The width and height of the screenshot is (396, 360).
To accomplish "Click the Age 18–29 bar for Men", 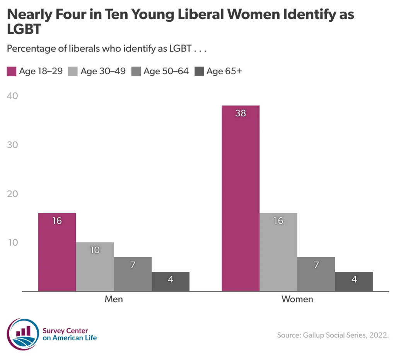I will coord(57,252).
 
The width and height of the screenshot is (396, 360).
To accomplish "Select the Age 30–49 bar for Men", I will coord(95,266).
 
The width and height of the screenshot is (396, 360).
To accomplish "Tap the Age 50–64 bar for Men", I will coord(133,274).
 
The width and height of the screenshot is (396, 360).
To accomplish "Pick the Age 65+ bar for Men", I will coord(171,281).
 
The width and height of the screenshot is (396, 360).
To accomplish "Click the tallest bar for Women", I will coord(241,198).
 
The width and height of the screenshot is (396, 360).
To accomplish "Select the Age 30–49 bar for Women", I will coord(278,252).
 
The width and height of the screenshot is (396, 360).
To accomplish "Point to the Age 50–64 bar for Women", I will coord(316,274).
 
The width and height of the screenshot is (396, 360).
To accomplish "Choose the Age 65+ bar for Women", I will coord(354,281).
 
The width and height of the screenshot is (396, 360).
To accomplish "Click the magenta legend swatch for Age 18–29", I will coord(12,72).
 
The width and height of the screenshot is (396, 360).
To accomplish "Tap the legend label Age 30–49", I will coord(103,72).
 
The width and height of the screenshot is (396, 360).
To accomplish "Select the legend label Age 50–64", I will coord(166,72).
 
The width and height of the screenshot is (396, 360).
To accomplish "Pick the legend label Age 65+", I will coord(224,72).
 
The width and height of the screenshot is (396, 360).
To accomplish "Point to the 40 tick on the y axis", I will coord(12,96).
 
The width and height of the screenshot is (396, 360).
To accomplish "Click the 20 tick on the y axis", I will coord(12,194).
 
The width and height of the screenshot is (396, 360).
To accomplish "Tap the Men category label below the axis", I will coord(114,299).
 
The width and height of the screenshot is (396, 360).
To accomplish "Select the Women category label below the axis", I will coord(297,299).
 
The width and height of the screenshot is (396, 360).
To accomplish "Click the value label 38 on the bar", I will coord(241,113).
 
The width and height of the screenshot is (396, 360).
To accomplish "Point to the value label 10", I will coord(95,250).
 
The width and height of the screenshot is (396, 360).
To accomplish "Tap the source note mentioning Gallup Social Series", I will coord(333,335).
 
